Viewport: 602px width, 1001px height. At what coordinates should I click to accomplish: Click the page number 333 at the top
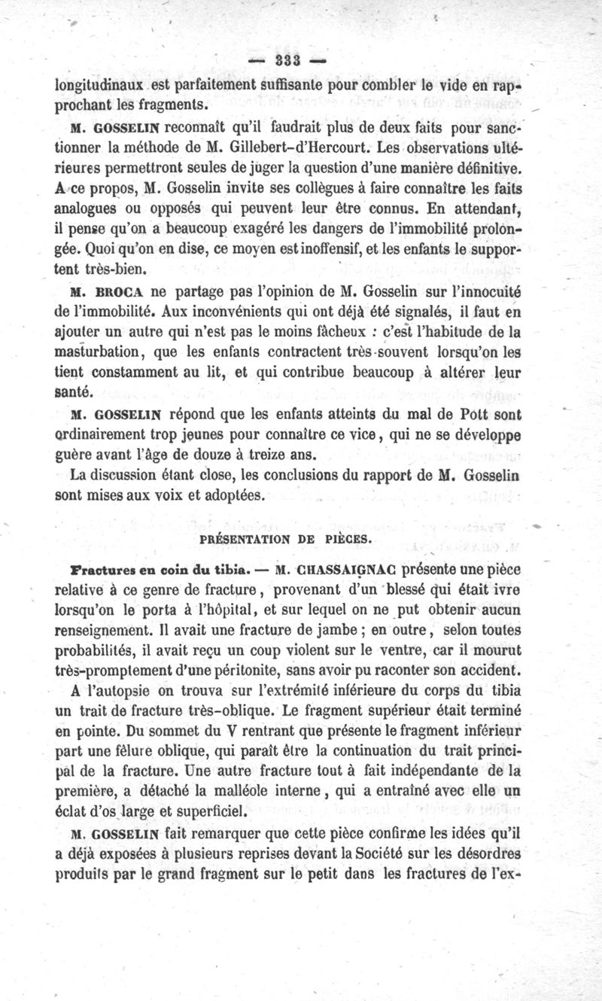(x=288, y=61)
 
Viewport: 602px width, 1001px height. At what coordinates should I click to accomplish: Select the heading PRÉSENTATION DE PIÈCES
(x=282, y=540)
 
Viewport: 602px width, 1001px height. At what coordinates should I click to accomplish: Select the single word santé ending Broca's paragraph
(x=73, y=391)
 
